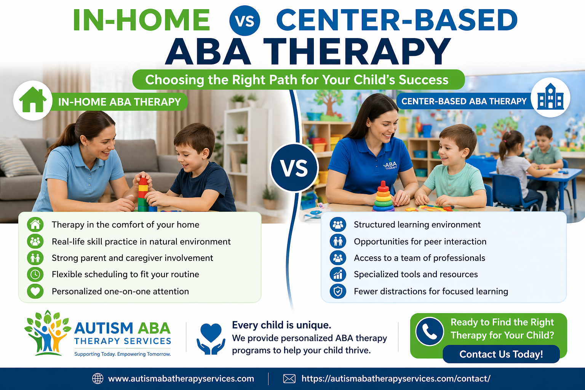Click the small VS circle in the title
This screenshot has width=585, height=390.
245,21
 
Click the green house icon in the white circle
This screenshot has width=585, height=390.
33,101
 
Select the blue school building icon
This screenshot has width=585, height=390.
550,97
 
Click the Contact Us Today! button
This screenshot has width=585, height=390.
501,354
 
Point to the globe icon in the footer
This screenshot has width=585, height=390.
98,379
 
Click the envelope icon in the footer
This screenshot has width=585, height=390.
289,379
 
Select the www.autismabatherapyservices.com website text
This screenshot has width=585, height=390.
181,379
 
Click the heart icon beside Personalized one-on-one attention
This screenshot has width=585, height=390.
35,291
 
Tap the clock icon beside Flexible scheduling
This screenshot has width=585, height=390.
35,274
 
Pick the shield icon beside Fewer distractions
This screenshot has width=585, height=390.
338,291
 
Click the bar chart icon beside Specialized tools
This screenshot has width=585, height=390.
338,274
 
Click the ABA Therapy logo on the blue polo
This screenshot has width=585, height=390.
390,165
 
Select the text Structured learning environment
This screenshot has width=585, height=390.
417,225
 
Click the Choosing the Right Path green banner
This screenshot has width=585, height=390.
298,80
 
